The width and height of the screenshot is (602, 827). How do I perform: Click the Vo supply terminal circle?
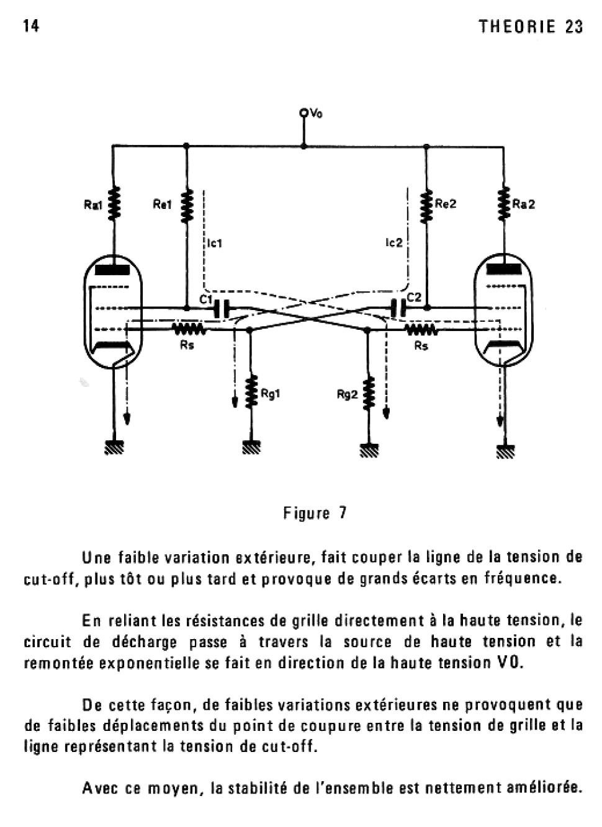(303, 112)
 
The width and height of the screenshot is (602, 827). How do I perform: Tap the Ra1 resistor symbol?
(114, 204)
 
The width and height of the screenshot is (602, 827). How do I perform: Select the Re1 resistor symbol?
(187, 206)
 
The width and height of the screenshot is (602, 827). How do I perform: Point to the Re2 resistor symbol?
(426, 206)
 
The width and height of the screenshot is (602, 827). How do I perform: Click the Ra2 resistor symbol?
(504, 204)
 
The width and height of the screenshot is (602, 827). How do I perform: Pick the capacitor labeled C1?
(222, 308)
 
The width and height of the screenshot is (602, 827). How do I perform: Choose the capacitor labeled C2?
(398, 307)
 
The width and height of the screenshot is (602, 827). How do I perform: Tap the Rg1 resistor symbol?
(252, 391)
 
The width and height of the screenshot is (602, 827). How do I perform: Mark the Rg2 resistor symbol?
(369, 393)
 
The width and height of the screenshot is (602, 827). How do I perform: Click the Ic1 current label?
(215, 243)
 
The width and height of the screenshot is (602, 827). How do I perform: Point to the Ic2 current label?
(394, 242)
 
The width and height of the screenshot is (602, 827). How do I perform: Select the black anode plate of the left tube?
(112, 270)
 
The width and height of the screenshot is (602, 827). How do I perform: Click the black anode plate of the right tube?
(503, 269)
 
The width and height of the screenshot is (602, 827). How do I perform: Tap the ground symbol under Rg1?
(252, 447)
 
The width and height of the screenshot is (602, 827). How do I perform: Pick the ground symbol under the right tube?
(506, 451)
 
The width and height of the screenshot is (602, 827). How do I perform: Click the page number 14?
(32, 26)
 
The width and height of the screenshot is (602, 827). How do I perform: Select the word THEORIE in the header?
(517, 27)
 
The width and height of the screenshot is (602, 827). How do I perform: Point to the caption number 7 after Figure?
(343, 513)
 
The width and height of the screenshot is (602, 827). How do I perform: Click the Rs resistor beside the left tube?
(188, 329)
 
